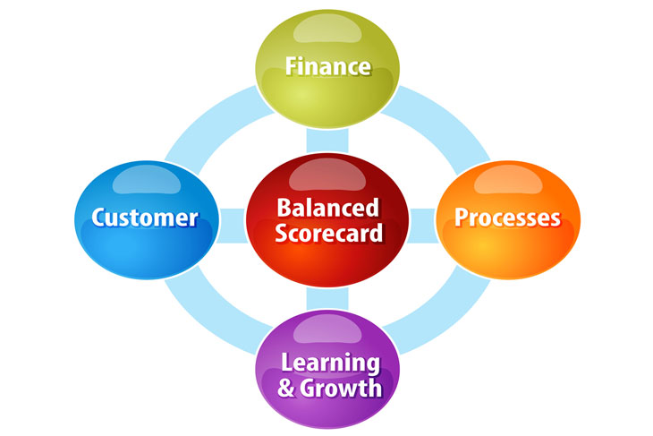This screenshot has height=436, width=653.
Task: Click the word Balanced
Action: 327,208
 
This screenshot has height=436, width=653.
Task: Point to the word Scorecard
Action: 328,234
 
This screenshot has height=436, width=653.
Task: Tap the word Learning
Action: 328,363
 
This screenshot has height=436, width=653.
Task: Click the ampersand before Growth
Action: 286,389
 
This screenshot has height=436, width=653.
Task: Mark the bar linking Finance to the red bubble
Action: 327,139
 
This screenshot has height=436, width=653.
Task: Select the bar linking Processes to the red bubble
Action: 422,219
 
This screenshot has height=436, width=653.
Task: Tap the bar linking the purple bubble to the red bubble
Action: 327,300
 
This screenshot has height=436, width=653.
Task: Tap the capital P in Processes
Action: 462,218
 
